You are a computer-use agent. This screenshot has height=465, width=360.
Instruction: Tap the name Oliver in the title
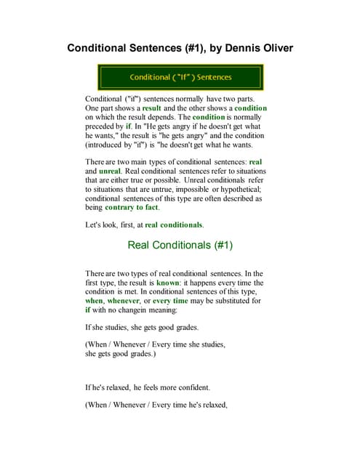coord(270,49)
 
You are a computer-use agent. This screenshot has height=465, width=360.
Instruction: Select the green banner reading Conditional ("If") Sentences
coord(180,77)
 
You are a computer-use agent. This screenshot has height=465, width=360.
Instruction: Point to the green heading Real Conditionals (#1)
coord(180,245)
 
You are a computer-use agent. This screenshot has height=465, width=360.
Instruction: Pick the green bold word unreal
coord(100,169)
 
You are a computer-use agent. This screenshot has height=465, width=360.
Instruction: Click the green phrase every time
coord(170,301)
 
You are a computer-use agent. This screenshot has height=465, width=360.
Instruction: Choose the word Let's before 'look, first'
coord(95,225)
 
